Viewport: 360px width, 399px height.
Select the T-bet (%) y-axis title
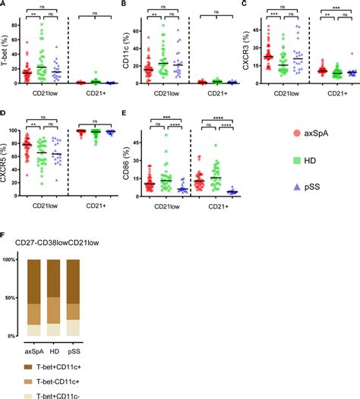[5, 54]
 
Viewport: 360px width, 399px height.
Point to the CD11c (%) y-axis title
[127, 54]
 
